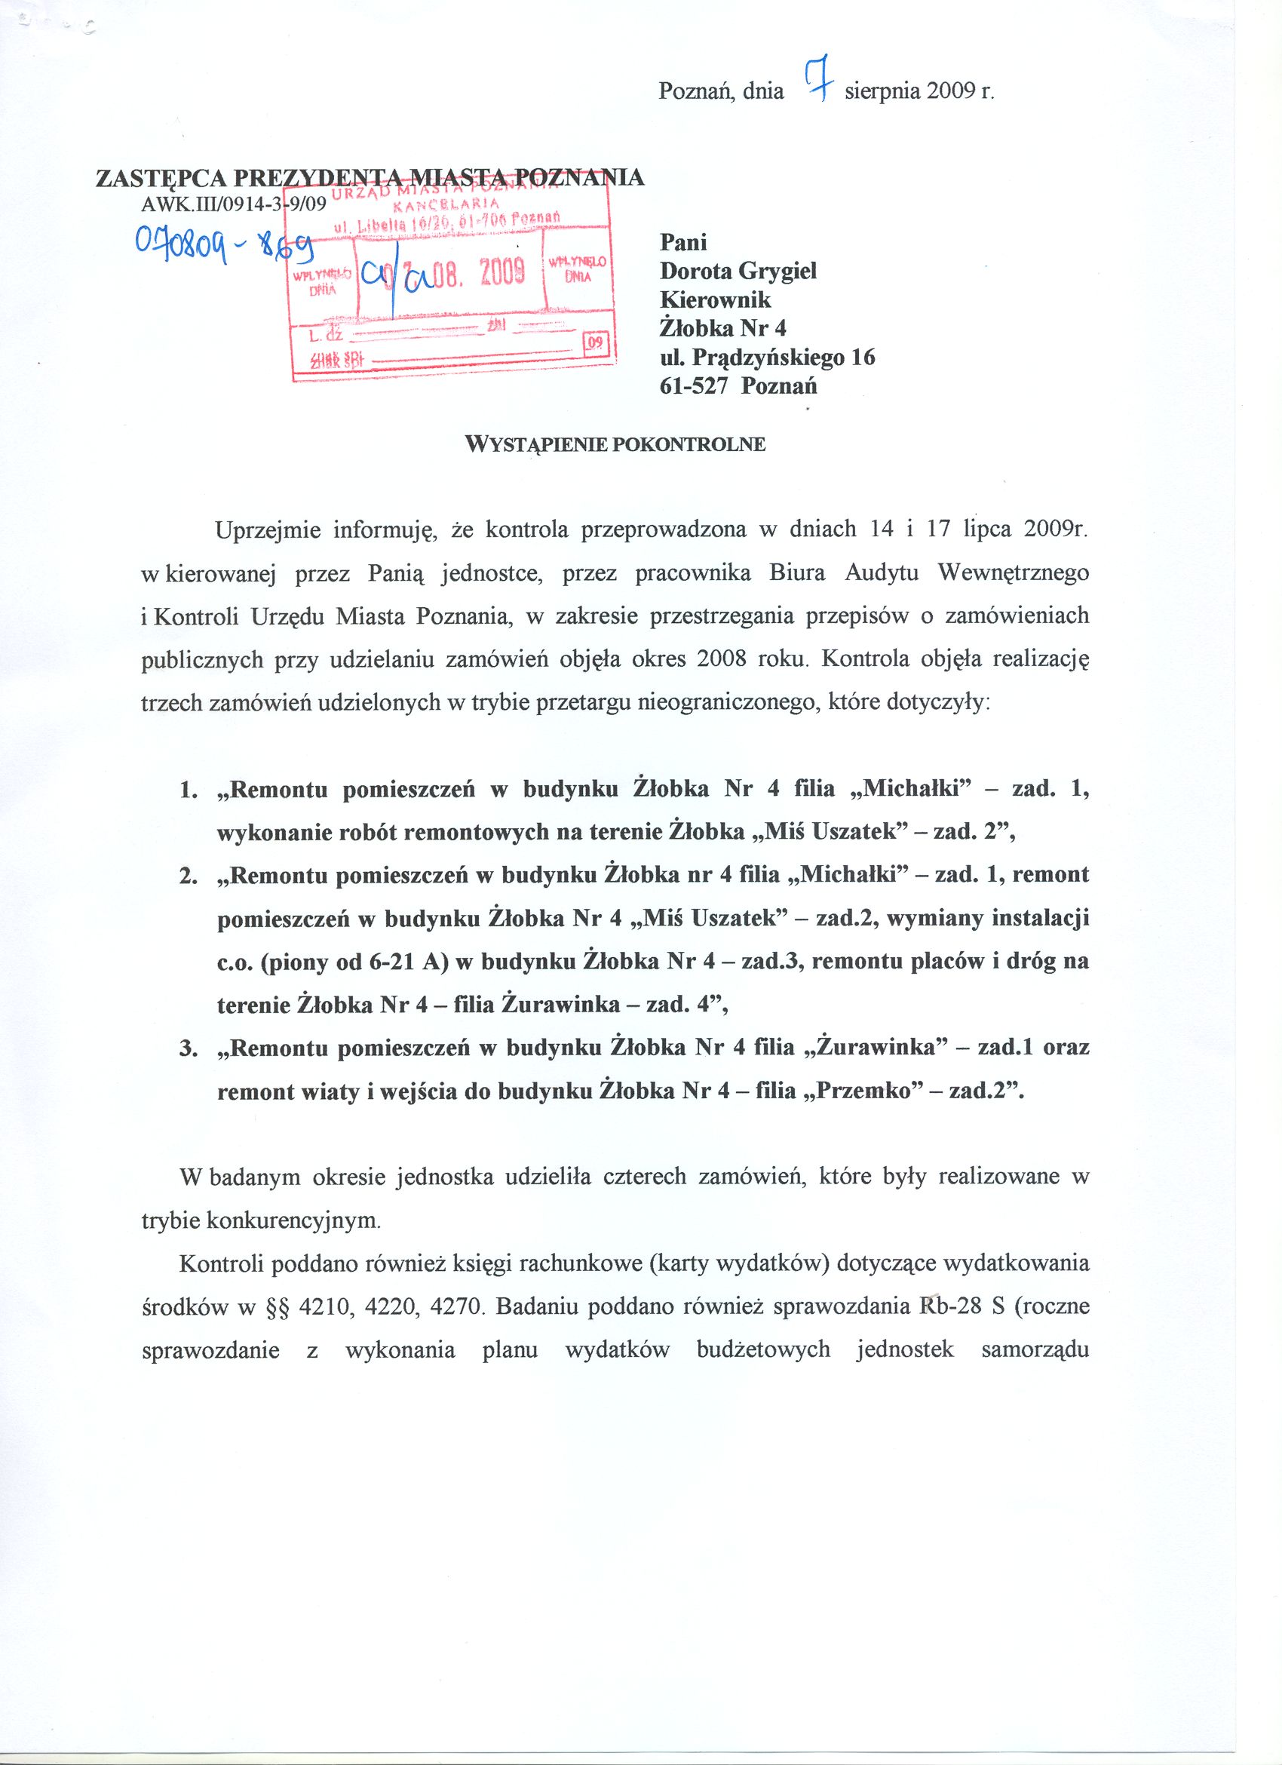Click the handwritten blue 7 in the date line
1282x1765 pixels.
coord(815,82)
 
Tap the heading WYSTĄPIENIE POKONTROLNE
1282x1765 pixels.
coord(615,444)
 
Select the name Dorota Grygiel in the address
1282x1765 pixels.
coord(738,272)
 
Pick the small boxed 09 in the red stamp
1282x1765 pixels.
coord(595,342)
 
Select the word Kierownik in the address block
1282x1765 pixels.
coord(715,300)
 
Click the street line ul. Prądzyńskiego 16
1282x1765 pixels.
coord(767,358)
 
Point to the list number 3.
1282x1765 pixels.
coord(187,1048)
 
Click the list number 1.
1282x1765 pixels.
coord(187,790)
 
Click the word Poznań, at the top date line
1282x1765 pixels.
coord(695,92)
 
